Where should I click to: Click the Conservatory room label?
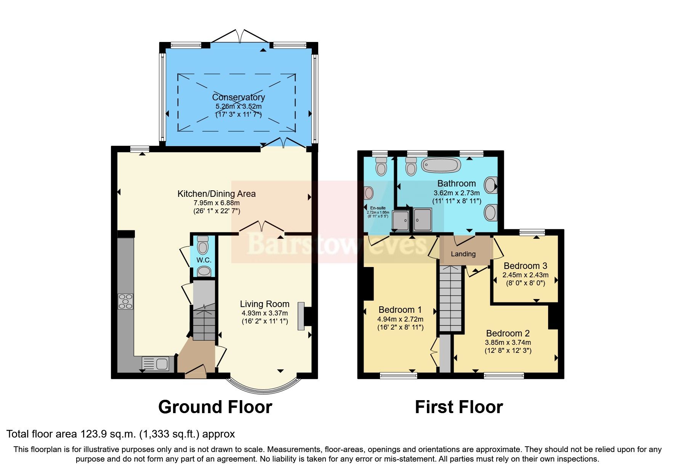238,97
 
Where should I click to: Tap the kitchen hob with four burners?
126,301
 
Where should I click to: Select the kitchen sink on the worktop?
156,364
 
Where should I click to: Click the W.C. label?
204,260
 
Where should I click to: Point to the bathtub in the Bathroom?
441,165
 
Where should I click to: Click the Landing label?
463,254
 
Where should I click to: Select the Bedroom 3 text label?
525,266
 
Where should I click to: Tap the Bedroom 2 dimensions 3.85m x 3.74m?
508,343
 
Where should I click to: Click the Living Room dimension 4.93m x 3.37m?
265,313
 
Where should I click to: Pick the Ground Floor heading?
215,407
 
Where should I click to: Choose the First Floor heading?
459,407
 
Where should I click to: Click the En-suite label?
378,208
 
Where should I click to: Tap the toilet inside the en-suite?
381,167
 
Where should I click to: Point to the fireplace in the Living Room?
301,316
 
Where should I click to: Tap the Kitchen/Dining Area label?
216,194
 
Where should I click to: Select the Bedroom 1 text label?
400,310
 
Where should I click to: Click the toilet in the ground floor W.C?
203,246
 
